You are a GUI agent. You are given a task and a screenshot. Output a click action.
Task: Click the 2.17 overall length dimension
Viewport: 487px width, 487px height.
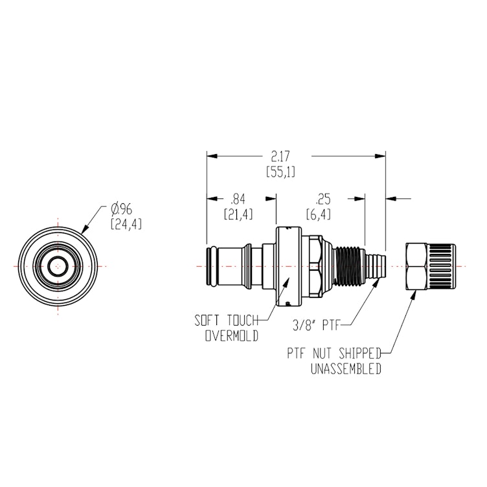[x=280, y=157]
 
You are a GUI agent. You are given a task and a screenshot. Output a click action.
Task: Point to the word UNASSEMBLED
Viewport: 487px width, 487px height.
[x=343, y=369]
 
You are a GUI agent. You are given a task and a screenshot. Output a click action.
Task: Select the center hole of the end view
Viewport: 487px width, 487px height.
[x=58, y=266]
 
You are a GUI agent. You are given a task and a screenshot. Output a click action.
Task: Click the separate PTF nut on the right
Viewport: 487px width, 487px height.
[x=430, y=266]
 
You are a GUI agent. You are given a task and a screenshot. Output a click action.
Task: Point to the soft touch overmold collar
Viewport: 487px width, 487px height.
[x=289, y=266]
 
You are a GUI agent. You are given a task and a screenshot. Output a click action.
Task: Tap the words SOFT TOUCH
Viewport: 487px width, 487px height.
[x=227, y=321]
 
